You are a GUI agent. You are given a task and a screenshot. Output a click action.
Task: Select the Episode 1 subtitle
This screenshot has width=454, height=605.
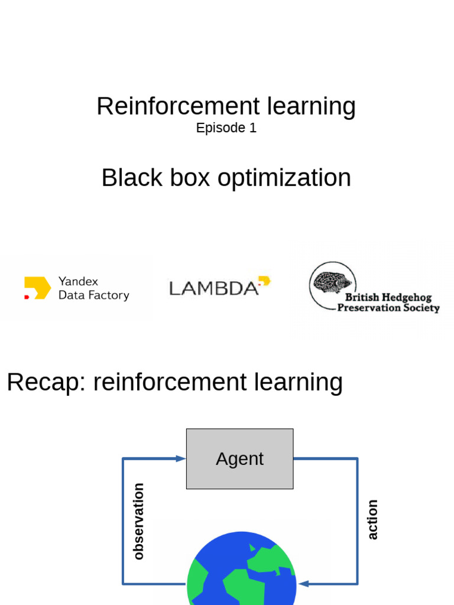226,128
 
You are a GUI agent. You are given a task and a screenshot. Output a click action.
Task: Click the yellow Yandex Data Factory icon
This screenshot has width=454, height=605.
38,288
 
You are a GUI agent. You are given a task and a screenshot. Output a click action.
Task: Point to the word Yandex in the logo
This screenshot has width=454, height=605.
78,282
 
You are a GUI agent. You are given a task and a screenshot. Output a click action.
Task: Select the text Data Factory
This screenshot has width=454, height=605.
93,295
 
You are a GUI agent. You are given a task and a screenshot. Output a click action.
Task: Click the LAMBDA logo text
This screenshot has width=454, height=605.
213,288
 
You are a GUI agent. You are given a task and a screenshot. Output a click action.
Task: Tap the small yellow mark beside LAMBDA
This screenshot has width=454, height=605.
264,281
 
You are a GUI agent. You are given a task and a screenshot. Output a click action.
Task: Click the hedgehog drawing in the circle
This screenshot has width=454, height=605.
332,282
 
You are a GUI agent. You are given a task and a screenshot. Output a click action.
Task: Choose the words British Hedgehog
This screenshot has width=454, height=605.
388,298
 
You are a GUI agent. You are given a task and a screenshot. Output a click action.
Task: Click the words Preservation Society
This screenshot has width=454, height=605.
388,308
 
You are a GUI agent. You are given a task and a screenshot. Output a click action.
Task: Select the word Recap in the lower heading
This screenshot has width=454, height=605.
46,382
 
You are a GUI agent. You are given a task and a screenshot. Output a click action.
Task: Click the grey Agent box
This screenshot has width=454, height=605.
239,458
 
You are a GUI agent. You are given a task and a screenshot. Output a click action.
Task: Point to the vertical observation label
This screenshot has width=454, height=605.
138,521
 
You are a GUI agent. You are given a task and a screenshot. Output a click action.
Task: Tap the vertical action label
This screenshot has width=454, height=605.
372,520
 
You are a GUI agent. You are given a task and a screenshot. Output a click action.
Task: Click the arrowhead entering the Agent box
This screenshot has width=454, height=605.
181,458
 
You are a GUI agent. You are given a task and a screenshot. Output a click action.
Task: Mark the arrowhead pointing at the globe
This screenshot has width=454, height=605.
303,584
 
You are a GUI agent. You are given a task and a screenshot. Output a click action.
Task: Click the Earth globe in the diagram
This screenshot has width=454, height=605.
242,570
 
